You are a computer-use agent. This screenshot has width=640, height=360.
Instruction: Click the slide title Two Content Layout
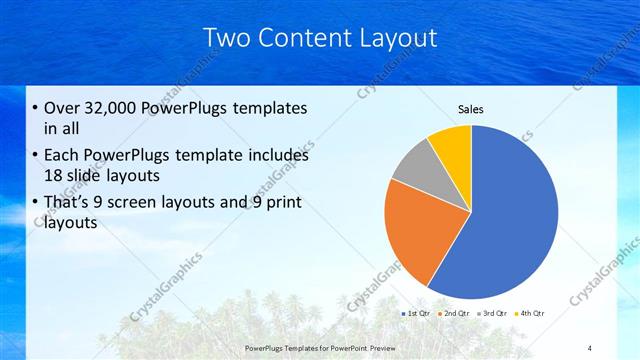(320, 38)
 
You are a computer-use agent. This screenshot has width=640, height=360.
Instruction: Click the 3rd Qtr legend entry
(493, 313)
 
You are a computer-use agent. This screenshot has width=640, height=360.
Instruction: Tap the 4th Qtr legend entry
(530, 313)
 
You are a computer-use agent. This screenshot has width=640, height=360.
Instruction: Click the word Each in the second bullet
(62, 156)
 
